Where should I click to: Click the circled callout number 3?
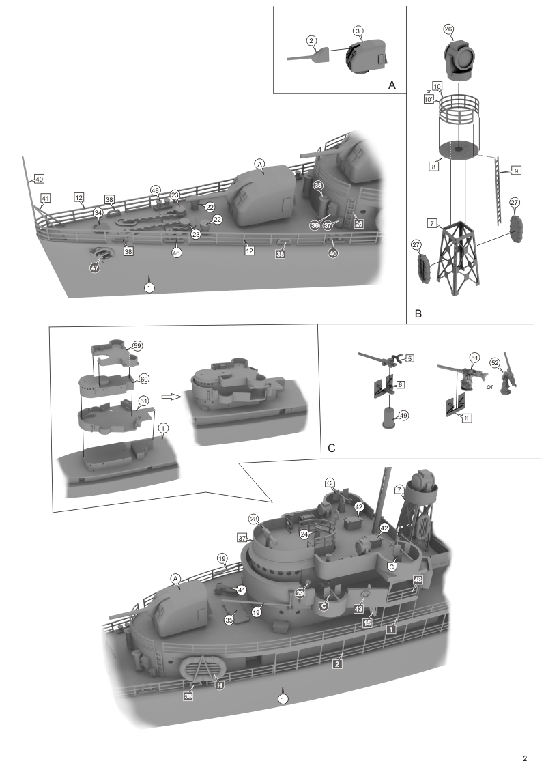(x=359, y=31)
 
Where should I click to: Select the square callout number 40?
(x=39, y=179)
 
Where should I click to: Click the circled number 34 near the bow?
(x=98, y=213)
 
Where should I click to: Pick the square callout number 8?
(x=433, y=167)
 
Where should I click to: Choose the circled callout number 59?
(x=137, y=346)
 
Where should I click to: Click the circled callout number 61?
(x=143, y=400)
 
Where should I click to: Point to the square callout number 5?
(x=409, y=358)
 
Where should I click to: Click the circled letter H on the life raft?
(x=220, y=685)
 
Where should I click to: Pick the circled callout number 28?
(x=253, y=519)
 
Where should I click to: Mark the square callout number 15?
(x=367, y=623)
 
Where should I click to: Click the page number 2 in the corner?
(x=524, y=758)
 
